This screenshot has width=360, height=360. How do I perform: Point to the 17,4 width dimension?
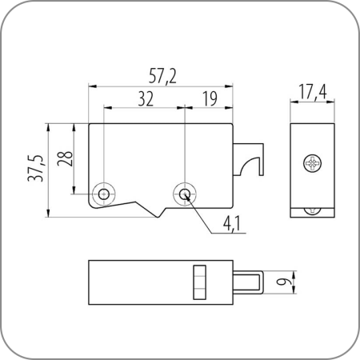[311, 94]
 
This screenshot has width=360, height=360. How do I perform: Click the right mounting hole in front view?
[185, 194]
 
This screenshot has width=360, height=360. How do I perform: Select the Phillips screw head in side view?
[311, 164]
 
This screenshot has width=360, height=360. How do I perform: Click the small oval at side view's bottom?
[311, 210]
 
